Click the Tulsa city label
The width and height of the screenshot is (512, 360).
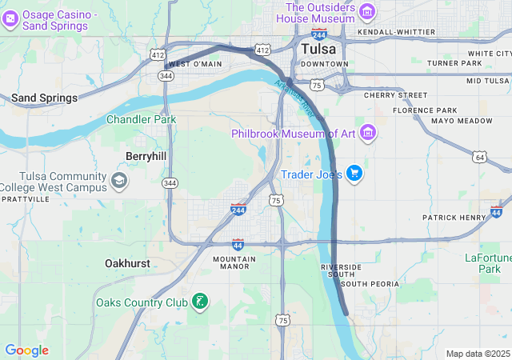point(318,49)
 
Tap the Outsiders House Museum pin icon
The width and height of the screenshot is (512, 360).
point(367,11)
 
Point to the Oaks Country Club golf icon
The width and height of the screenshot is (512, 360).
point(199,302)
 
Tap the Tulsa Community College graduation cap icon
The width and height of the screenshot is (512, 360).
point(119,180)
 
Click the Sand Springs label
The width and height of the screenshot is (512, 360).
point(44,98)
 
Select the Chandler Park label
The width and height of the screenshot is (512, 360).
point(142,120)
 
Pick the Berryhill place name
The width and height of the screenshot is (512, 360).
point(145,156)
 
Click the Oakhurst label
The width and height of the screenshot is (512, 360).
point(127,262)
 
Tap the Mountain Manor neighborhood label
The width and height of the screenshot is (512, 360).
point(234,264)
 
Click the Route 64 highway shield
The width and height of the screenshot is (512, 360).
point(479,156)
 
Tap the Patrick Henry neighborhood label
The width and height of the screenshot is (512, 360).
point(454,218)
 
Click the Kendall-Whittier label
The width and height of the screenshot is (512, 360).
point(398,32)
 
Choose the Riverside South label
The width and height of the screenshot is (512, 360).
point(341,271)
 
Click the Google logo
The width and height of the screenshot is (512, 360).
point(26,350)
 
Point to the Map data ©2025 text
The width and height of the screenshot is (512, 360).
point(478,354)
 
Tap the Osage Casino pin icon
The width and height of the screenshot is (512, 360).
point(10,20)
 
